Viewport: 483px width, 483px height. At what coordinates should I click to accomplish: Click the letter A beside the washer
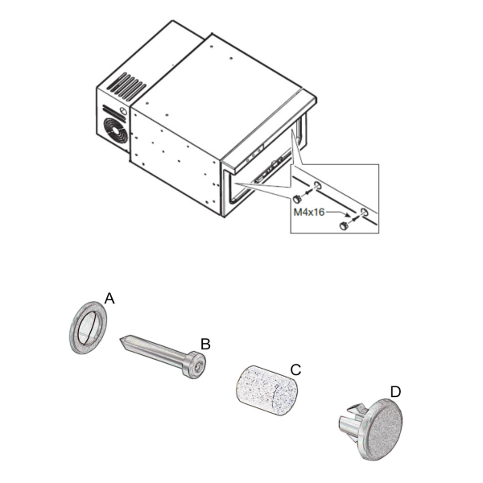click(x=110, y=298)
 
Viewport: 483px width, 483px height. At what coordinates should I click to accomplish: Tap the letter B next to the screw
click(x=205, y=344)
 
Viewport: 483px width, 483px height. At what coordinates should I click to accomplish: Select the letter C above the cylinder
click(x=295, y=369)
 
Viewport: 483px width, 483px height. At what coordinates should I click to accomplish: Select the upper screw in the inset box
click(x=297, y=198)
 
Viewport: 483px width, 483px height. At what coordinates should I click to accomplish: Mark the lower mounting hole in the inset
click(x=364, y=213)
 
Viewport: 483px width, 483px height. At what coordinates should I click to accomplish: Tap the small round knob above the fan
click(x=122, y=110)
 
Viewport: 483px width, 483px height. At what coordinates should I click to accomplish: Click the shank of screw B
click(x=158, y=353)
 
